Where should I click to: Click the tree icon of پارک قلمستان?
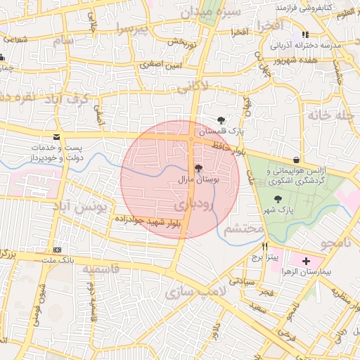tap(222, 120)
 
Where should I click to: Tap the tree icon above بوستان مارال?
tap(198, 169)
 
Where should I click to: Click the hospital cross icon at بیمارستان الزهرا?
tap(306, 262)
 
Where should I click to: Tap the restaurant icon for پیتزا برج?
tap(265, 247)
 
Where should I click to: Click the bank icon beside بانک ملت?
tap(57, 250)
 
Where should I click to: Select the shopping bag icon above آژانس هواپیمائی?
tap(295, 160)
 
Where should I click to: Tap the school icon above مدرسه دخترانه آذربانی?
tap(304, 34)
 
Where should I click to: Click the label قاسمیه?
tap(105, 269)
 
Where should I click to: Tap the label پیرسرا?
tap(134, 30)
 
